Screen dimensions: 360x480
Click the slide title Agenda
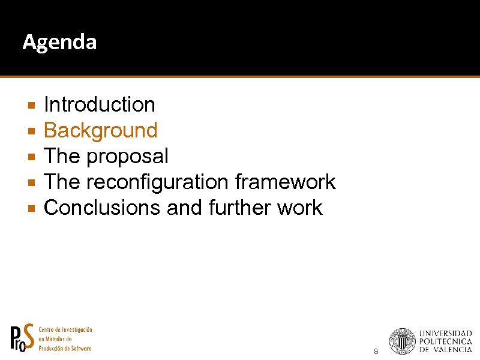click(59, 43)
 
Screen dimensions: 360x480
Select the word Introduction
click(100, 105)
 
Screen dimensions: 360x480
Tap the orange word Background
click(101, 131)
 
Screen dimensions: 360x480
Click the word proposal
click(127, 157)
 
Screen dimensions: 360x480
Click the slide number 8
click(376, 351)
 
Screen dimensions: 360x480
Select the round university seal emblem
click(402, 341)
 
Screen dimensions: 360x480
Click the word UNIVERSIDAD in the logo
click(445, 333)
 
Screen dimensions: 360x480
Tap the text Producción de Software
click(65, 349)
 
